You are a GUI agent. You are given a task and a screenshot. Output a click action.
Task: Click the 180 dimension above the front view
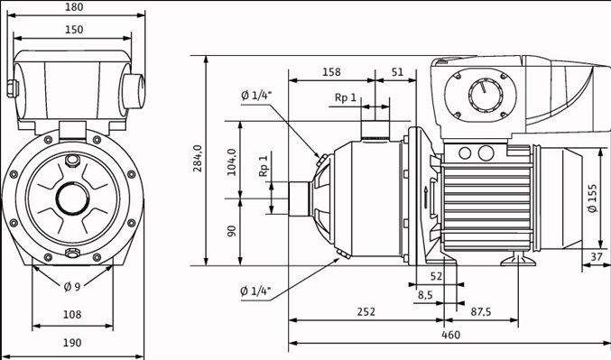click(75, 7)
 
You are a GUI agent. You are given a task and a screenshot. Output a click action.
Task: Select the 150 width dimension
click(74, 30)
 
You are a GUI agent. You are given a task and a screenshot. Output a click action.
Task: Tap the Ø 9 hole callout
click(73, 287)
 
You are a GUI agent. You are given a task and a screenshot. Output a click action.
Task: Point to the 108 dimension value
click(73, 315)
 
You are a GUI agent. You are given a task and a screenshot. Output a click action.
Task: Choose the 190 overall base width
click(73, 343)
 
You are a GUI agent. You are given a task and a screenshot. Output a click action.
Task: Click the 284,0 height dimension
click(198, 160)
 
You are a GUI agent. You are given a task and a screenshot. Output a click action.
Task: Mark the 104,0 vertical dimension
click(232, 162)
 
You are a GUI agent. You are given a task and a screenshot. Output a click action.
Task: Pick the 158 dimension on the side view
click(331, 72)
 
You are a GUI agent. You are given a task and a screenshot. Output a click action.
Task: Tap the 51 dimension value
click(397, 72)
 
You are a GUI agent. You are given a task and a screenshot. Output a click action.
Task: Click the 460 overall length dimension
click(450, 335)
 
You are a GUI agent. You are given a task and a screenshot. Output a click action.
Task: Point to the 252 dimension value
click(366, 311)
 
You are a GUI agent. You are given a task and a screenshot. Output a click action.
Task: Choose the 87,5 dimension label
click(481, 311)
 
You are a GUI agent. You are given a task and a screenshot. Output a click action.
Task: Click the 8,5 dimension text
click(425, 294)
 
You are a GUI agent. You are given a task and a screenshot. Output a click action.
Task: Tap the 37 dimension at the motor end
click(596, 257)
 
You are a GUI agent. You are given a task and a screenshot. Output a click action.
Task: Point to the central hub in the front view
click(72, 197)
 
